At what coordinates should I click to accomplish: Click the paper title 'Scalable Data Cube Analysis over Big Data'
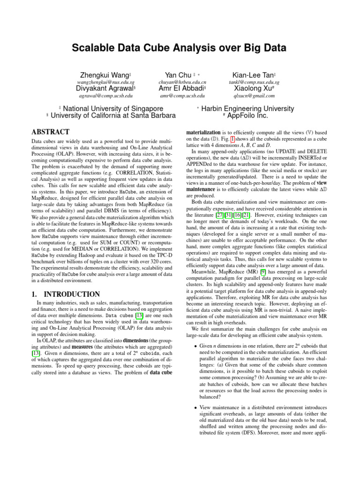(180, 48)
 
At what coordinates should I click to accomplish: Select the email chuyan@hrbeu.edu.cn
(182, 82)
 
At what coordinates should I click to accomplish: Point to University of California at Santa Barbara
(112, 115)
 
